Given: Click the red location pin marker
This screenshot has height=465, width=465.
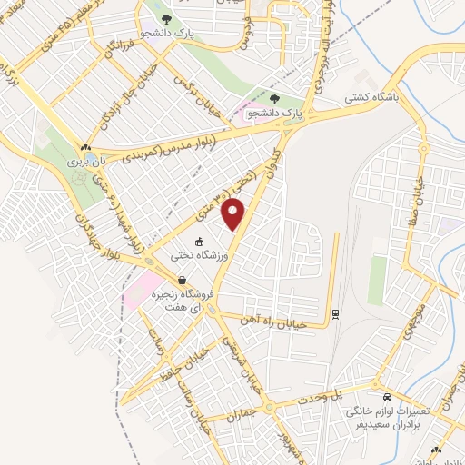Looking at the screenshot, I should tap(234, 213).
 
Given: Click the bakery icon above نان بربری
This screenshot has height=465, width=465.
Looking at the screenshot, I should tap(84, 148).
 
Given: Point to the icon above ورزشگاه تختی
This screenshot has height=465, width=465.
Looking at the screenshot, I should tap(174, 241).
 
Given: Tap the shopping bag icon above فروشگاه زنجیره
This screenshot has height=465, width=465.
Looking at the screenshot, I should tap(182, 281).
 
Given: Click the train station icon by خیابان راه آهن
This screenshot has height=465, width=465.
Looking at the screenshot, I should tap(334, 313).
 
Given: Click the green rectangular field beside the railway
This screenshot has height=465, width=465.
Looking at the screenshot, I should tap(377, 281).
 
